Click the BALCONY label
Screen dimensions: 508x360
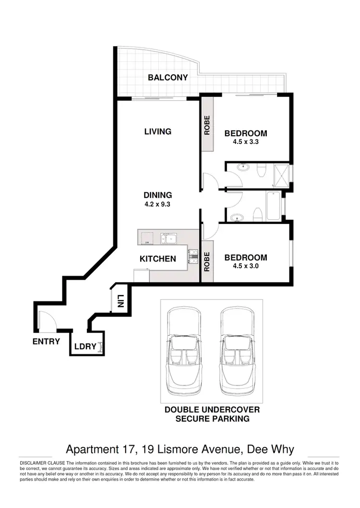[168, 77]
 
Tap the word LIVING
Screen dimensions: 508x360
[158, 131]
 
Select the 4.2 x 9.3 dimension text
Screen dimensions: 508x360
[157, 203]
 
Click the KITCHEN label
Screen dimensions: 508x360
[157, 259]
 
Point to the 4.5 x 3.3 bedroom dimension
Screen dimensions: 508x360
[246, 142]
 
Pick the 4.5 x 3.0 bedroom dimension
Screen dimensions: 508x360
[246, 266]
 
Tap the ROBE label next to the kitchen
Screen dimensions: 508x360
[207, 262]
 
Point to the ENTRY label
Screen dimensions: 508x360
[46, 342]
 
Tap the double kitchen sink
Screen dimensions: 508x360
[170, 238]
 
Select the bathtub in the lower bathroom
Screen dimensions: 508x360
[273, 206]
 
